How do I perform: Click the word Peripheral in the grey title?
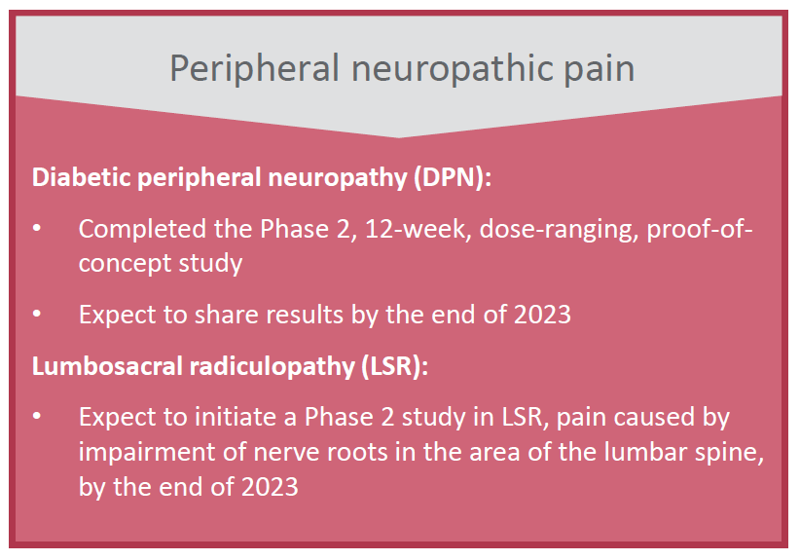pyautogui.click(x=254, y=68)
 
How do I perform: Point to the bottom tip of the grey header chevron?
pyautogui.click(x=398, y=137)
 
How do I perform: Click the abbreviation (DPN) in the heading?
pyautogui.click(x=449, y=177)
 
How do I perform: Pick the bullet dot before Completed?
pyautogui.click(x=37, y=228)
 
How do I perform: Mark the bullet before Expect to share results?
pyautogui.click(x=37, y=314)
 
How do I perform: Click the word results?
pyautogui.click(x=305, y=315)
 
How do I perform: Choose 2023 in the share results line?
pyautogui.click(x=542, y=315)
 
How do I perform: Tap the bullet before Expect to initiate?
pyautogui.click(x=37, y=416)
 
